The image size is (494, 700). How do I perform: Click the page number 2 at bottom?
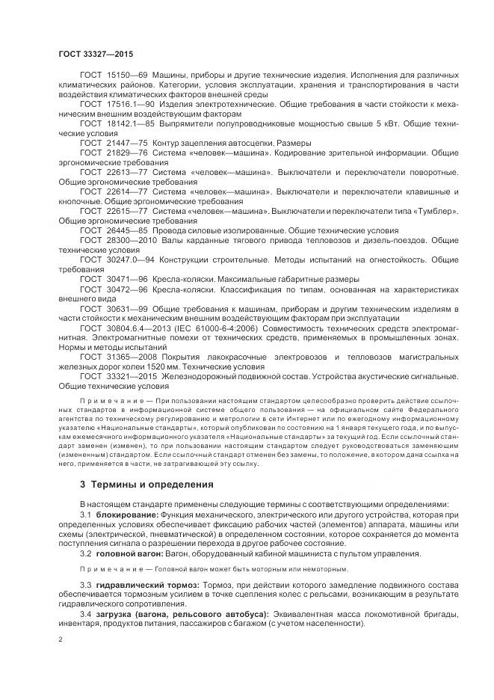click(x=60, y=639)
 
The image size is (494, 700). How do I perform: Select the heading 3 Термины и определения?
click(x=146, y=485)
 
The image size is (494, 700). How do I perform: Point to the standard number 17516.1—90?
click(x=129, y=103)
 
